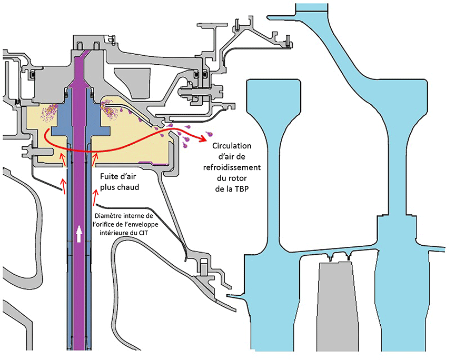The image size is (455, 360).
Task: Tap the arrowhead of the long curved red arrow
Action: tap(204, 138)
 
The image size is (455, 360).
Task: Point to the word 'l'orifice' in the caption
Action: tap(105, 224)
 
